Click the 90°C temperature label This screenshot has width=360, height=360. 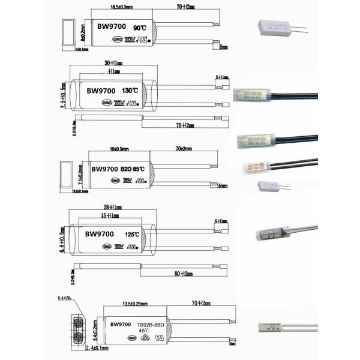pyautogui.click(x=139, y=28)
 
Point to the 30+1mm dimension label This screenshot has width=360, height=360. pyautogui.click(x=112, y=62)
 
